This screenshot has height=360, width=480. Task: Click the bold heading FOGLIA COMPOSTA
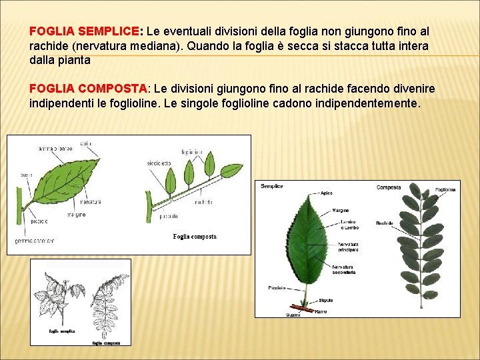click(89, 89)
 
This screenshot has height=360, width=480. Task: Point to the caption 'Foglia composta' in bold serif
click(195, 237)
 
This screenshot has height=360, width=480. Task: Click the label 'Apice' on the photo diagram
click(326, 193)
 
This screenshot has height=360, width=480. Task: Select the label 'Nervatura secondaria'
click(343, 269)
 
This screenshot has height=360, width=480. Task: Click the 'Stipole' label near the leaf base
click(325, 300)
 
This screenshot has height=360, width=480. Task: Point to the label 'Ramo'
click(321, 311)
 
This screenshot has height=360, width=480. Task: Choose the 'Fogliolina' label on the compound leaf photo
click(445, 189)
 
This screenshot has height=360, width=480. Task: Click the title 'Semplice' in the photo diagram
click(272, 186)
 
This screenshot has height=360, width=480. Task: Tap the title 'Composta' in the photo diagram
click(389, 187)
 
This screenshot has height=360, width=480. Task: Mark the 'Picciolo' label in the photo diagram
click(277, 288)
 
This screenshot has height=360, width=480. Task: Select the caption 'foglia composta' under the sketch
click(106, 343)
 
